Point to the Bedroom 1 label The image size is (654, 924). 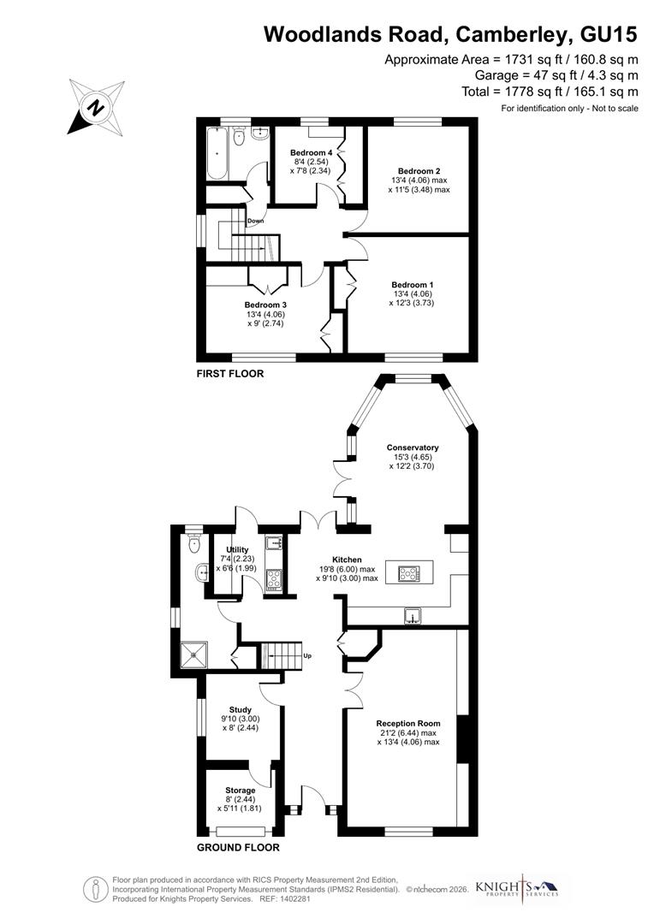413,285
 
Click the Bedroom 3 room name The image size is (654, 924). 265,305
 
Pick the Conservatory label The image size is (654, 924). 413,447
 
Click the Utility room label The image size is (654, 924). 237,549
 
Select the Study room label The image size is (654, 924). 240,709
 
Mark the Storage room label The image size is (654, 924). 240,791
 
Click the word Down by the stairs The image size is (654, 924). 255,222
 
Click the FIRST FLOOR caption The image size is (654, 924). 229,374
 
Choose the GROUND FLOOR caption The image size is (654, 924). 238,848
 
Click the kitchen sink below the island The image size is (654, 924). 413,617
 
